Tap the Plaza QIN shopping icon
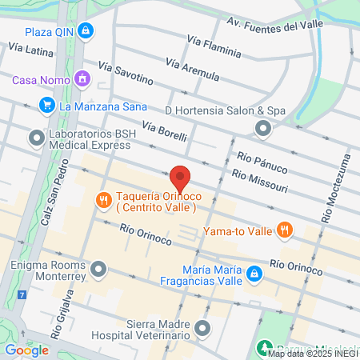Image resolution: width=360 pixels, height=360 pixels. click(x=86, y=32)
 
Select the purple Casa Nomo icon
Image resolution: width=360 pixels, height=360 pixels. click(x=81, y=79)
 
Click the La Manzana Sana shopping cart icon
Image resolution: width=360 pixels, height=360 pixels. click(x=46, y=105)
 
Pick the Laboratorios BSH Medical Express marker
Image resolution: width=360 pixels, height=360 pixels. click(x=36, y=138)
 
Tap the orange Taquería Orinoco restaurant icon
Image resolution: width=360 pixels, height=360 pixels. click(x=102, y=200)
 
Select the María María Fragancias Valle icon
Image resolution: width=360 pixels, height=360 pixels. click(x=254, y=274)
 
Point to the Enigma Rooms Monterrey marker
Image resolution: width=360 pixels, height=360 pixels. click(x=98, y=268)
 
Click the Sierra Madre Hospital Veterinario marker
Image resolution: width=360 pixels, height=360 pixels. click(x=202, y=328)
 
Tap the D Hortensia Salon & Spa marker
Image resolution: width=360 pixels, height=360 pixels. click(x=262, y=128)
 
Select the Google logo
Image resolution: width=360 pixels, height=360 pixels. click(x=26, y=350)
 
